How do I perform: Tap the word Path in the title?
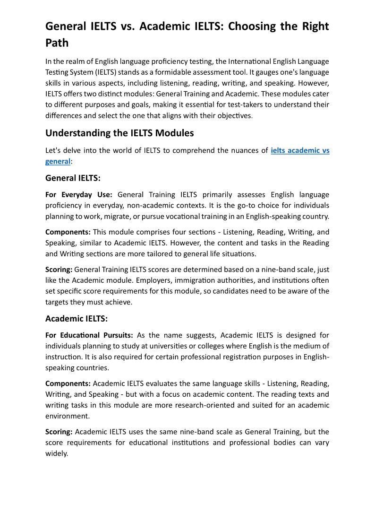click(x=57, y=43)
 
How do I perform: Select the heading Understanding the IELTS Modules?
click(x=119, y=133)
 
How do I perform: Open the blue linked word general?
click(x=58, y=161)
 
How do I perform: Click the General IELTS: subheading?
click(x=73, y=178)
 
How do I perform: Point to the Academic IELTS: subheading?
click(x=77, y=318)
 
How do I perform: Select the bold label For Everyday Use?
click(x=79, y=194)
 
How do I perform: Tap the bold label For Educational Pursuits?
click(x=89, y=335)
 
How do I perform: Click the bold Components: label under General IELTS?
click(x=68, y=232)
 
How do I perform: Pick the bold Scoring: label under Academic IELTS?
click(x=59, y=432)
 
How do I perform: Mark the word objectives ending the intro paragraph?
click(x=234, y=115)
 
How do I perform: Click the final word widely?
click(x=56, y=453)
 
